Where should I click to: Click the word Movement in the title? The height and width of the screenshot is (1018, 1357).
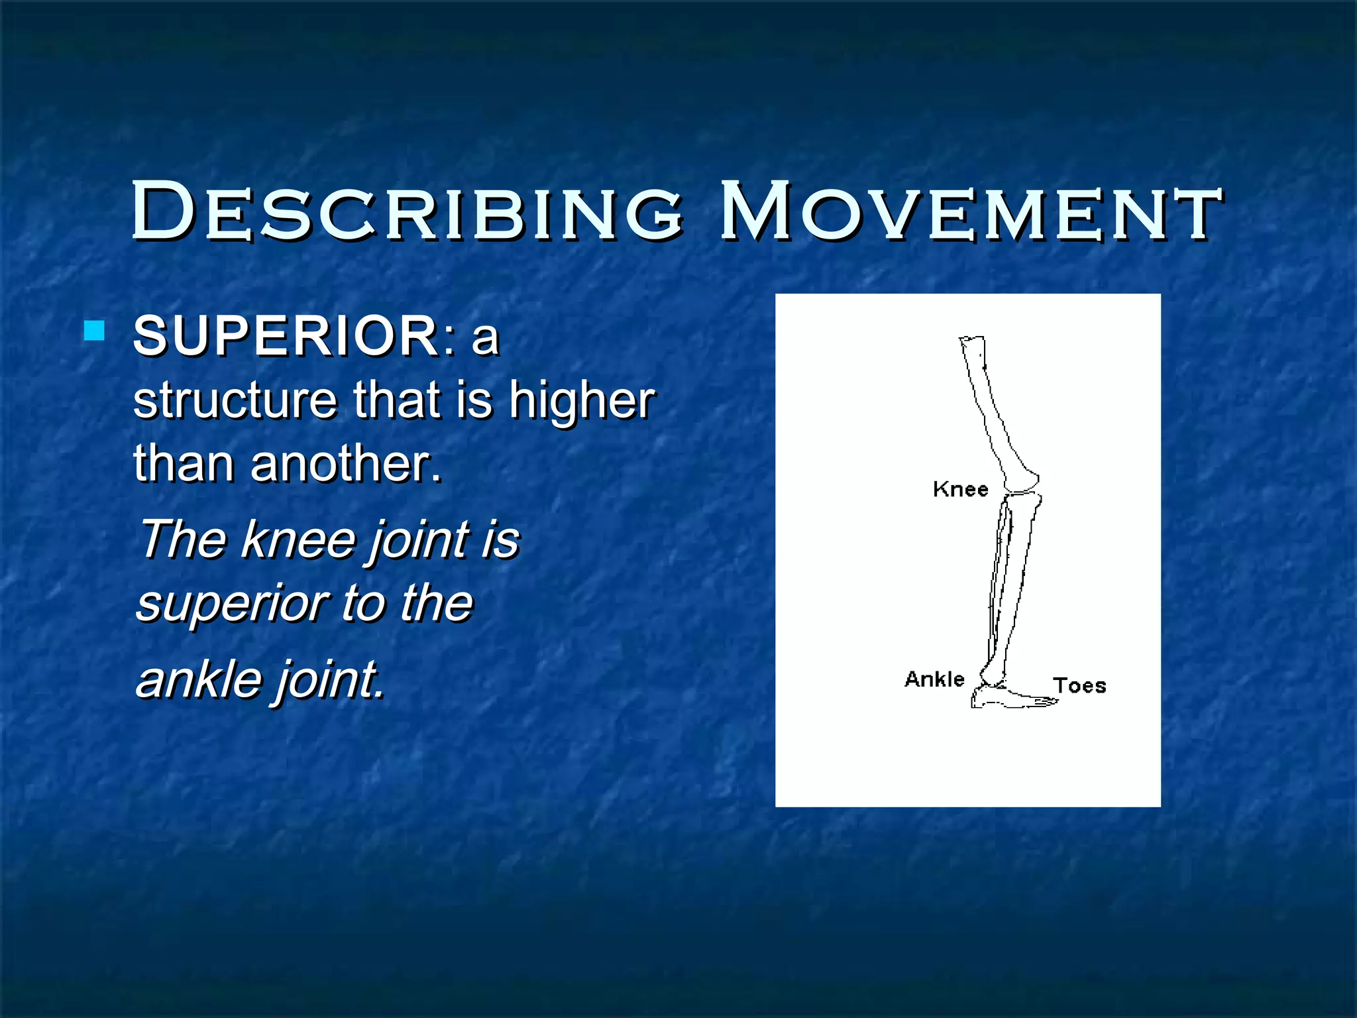point(971,212)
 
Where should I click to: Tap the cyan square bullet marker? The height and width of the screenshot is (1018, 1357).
point(95,330)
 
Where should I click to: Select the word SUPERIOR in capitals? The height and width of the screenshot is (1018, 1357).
point(285,336)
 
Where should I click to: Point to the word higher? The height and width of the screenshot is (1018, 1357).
point(582,401)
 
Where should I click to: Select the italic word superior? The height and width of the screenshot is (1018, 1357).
point(232,604)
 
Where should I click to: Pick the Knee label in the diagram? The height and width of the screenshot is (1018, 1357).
point(960,489)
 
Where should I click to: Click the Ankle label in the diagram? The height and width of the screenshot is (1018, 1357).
point(934,679)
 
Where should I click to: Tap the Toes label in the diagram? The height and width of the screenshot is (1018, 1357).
point(1079,685)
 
